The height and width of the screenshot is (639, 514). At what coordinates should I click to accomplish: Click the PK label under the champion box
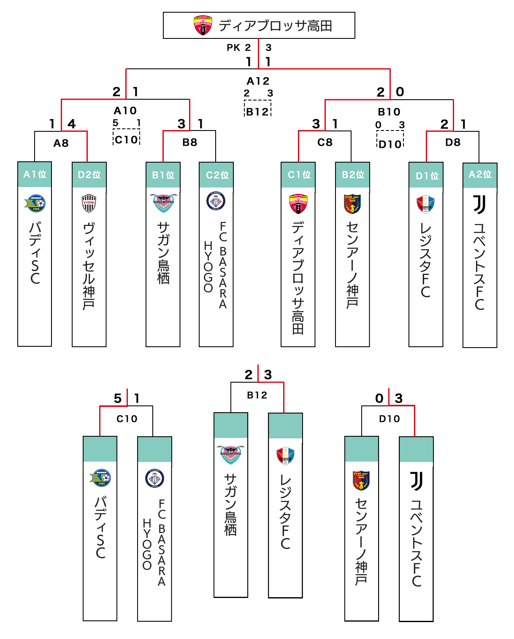pos(233,48)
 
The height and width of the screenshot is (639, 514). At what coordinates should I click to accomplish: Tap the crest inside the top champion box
pos(203,26)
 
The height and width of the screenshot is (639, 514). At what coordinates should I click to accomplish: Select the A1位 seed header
pos(35,174)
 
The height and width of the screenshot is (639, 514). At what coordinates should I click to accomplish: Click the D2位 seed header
pos(89,175)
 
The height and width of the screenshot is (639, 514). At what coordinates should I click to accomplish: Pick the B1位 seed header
pos(163,175)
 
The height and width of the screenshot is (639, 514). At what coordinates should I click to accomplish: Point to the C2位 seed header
pos(217,175)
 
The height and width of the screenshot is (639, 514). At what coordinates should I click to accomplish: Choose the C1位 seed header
pos(299,175)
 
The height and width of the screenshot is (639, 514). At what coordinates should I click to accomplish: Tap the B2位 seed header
pos(353,175)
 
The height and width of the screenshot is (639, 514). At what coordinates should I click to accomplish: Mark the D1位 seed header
pos(427,176)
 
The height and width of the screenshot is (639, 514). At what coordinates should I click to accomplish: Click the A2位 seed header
pos(480,174)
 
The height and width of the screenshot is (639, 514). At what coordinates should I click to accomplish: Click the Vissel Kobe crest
pos(89,203)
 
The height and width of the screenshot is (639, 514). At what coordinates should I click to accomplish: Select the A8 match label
pos(61,143)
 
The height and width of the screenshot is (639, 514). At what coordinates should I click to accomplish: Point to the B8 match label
pos(190,142)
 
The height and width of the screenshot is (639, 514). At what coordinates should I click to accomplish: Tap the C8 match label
pos(325,142)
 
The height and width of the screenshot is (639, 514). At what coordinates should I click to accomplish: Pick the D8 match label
pos(453,142)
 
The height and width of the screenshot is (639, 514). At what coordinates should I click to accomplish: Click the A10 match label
pos(125,111)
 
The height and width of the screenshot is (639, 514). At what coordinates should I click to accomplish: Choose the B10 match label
pos(389,112)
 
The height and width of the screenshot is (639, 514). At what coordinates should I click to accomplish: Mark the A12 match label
pos(258,81)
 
